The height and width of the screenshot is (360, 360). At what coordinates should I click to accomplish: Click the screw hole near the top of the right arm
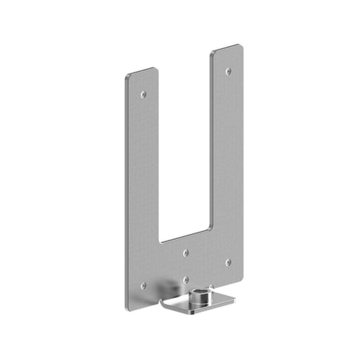tap(227, 71)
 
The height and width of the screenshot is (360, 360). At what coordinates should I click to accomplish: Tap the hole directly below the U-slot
tap(185, 251)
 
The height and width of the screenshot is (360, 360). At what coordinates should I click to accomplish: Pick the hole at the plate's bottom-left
tap(143, 285)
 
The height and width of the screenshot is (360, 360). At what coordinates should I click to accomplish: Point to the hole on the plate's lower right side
tap(227, 262)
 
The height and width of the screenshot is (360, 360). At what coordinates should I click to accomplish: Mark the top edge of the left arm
tap(143, 71)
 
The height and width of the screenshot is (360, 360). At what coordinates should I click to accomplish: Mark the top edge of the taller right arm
tap(227, 49)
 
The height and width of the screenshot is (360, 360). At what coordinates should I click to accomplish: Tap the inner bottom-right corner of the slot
tap(210, 226)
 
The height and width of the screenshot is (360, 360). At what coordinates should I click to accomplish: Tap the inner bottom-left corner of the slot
tap(161, 240)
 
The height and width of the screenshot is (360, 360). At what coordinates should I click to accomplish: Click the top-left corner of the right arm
tap(213, 53)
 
